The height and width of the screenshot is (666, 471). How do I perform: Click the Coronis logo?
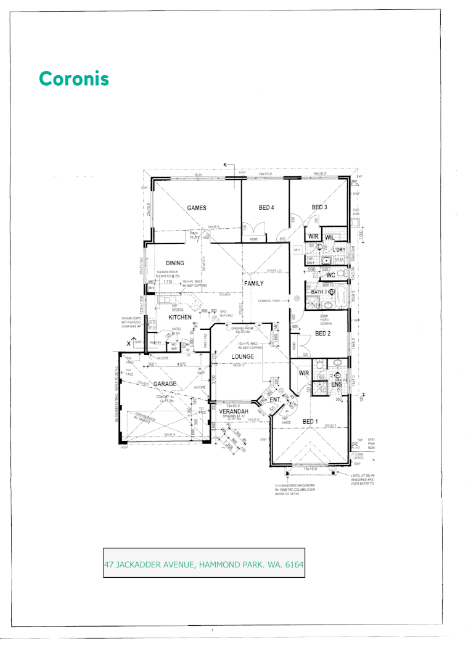coord(73,79)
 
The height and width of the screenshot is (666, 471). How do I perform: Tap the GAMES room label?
coord(197,208)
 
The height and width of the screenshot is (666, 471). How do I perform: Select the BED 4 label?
coord(266,208)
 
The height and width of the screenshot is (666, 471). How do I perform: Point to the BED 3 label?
coord(319,207)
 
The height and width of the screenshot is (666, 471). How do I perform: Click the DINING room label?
coord(175,263)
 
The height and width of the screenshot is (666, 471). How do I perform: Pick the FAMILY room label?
coord(254,284)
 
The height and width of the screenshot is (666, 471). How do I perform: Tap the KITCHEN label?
coord(181,317)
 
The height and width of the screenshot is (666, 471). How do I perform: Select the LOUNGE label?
coord(243,357)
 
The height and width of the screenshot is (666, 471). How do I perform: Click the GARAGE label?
coord(165,384)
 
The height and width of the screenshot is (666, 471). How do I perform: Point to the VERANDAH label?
coord(234,411)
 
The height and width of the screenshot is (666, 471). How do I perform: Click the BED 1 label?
coord(310,421)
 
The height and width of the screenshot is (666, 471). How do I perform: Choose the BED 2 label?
coord(324,334)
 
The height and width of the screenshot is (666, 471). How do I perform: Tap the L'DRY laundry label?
coord(339,250)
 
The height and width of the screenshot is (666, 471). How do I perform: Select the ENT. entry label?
coord(276,401)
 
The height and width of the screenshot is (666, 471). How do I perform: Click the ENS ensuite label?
coord(337,385)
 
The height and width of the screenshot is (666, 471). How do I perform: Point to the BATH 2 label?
coord(319,292)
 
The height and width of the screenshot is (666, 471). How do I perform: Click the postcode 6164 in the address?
coord(292,564)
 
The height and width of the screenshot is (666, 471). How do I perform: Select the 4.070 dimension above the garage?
coord(181,364)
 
